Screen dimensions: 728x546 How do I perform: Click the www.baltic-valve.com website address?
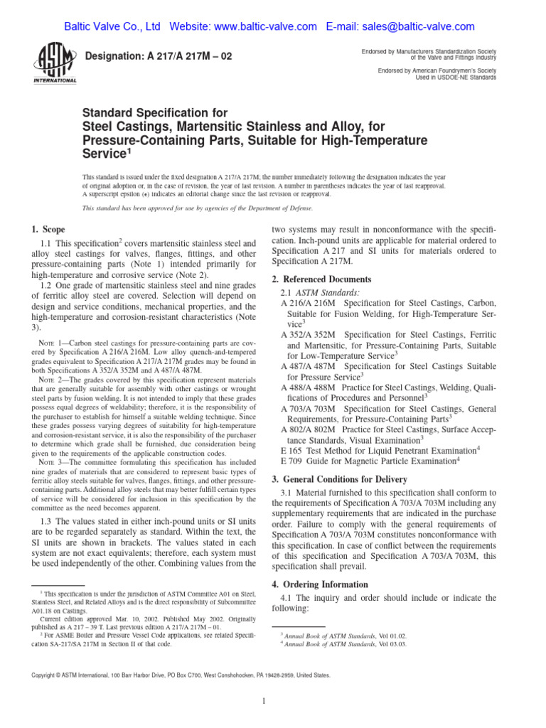[x=265, y=27]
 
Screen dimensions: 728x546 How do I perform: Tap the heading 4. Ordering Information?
[x=320, y=584]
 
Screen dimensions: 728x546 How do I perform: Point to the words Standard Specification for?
[x=156, y=113]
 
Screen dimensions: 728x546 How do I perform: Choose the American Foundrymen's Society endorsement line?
[x=437, y=70]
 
